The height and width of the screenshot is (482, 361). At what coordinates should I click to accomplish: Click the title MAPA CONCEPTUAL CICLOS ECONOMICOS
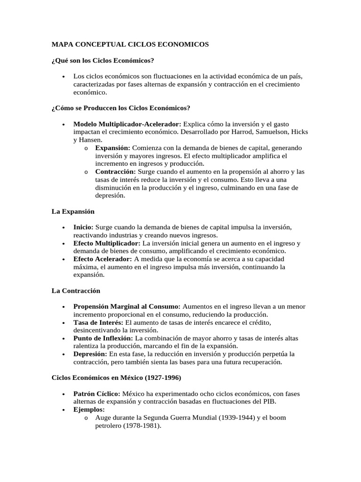point(130,44)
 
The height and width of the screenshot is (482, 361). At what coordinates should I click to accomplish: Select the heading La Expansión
point(73,211)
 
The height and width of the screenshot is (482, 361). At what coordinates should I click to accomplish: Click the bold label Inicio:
point(83,227)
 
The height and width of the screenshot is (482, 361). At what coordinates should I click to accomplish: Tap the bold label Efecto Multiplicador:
point(107,243)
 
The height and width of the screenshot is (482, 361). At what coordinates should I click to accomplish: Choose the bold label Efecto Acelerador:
point(103,259)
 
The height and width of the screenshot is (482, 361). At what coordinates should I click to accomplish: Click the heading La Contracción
point(76,291)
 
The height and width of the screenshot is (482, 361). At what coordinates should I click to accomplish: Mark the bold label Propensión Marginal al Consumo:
point(127,306)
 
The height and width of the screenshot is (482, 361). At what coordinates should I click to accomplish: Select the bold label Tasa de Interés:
point(98,322)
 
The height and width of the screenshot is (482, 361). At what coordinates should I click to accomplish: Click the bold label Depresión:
point(90,354)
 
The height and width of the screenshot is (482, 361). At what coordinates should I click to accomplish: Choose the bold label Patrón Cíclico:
point(97,394)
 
